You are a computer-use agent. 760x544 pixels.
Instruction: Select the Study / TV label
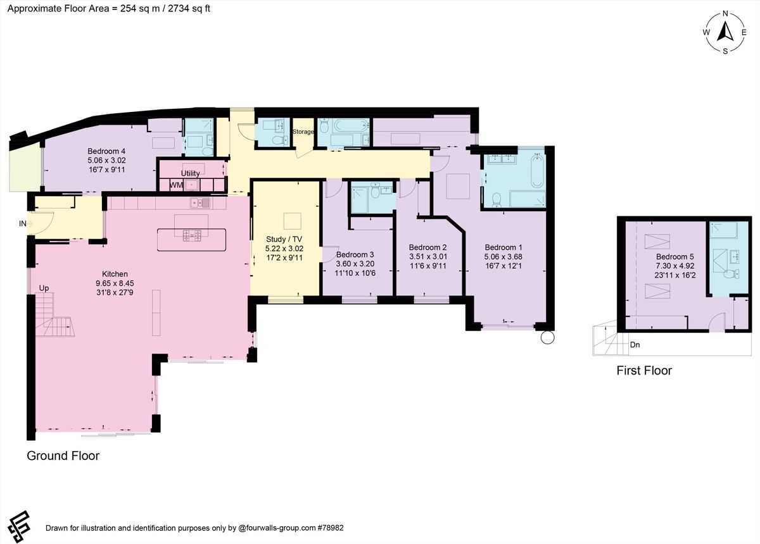pyautogui.click(x=284, y=239)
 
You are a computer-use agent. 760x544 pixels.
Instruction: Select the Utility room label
pyautogui.click(x=190, y=173)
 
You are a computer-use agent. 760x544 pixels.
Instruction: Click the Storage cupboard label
pyautogui.click(x=303, y=132)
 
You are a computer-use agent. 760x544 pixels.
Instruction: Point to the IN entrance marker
pyautogui.click(x=23, y=223)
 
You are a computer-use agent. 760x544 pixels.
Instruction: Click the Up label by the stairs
pyautogui.click(x=44, y=288)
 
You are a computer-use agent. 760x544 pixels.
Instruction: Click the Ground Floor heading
pyautogui.click(x=63, y=455)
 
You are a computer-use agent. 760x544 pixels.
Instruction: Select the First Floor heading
pyautogui.click(x=644, y=371)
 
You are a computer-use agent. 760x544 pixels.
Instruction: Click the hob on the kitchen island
pyautogui.click(x=192, y=237)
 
